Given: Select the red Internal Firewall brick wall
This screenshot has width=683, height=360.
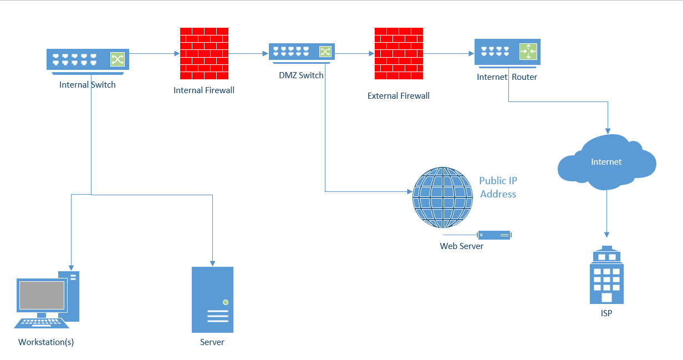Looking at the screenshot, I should (x=203, y=53).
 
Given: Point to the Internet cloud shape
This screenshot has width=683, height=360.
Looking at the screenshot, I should (x=606, y=162).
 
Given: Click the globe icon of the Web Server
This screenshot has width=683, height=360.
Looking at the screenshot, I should (x=442, y=197).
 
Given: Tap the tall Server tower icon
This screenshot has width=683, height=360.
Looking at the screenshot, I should (x=212, y=300).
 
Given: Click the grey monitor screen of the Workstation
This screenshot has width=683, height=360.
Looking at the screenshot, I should (x=42, y=295).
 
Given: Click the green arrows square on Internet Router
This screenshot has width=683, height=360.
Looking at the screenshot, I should (x=528, y=52).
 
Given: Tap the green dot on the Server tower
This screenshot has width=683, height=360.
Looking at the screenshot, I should (x=225, y=302).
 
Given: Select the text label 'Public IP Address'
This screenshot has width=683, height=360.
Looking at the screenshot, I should (x=498, y=187).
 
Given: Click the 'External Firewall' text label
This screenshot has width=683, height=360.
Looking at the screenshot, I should (x=398, y=96).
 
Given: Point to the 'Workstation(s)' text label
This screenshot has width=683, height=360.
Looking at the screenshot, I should (x=46, y=342).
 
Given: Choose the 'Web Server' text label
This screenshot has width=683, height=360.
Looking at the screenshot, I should (x=461, y=246).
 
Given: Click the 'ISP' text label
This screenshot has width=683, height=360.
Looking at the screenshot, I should (x=606, y=313).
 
